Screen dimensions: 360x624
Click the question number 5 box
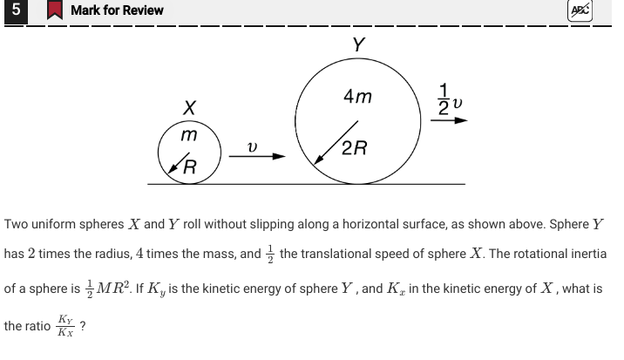click(15, 10)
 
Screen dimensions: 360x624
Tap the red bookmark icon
click(54, 10)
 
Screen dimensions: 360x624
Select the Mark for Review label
click(117, 10)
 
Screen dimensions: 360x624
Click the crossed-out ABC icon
click(578, 10)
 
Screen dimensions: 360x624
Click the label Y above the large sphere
click(358, 44)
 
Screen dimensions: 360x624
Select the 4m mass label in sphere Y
click(357, 98)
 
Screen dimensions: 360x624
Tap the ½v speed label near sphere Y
click(452, 98)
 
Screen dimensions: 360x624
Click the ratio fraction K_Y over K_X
click(64, 327)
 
